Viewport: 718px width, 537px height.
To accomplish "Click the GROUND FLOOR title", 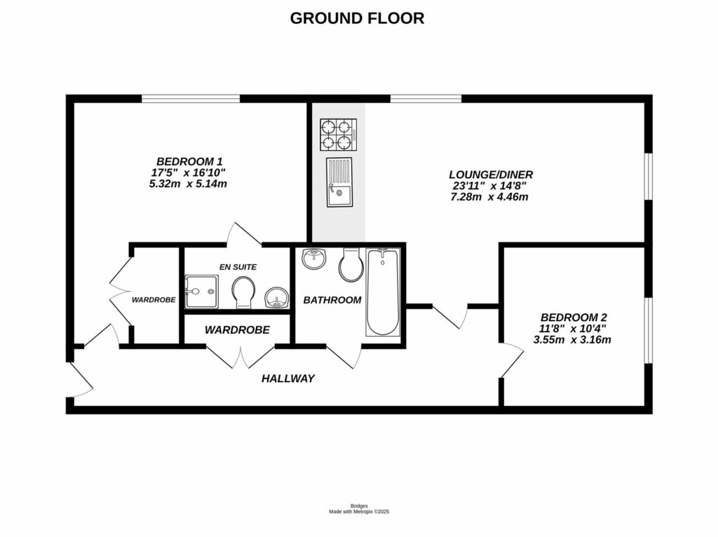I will [x=357, y=18].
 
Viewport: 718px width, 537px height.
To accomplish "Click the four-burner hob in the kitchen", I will [x=339, y=135].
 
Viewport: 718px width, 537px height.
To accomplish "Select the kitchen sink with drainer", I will [x=339, y=182].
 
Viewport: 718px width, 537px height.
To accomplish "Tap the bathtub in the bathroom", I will [x=383, y=292].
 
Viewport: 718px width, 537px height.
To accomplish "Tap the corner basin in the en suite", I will [x=277, y=299].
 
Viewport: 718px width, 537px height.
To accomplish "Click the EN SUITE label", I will [x=238, y=266].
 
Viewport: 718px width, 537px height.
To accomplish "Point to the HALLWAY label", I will [x=287, y=379].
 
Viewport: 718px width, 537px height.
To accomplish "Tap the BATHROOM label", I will [x=332, y=300].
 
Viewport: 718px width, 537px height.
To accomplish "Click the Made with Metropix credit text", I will [x=359, y=512].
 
